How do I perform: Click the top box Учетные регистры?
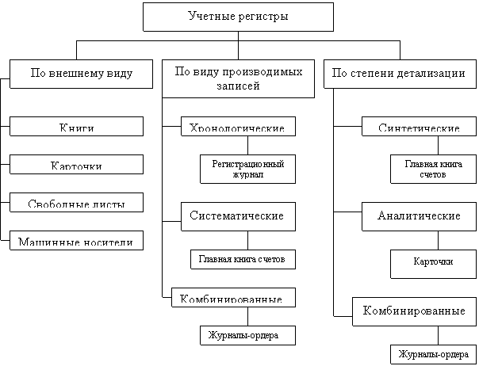[238, 17]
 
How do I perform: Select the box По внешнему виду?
[81, 74]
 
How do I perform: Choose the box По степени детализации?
[397, 74]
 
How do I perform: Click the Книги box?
[77, 126]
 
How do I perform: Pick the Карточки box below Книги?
[77, 165]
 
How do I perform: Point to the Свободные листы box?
[77, 202]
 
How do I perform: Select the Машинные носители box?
[77, 240]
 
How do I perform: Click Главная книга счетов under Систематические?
[243, 259]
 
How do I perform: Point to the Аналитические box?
[420, 215]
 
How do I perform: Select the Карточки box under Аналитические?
[433, 262]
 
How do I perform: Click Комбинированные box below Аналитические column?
[413, 311]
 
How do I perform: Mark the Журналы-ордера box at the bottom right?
[428, 353]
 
